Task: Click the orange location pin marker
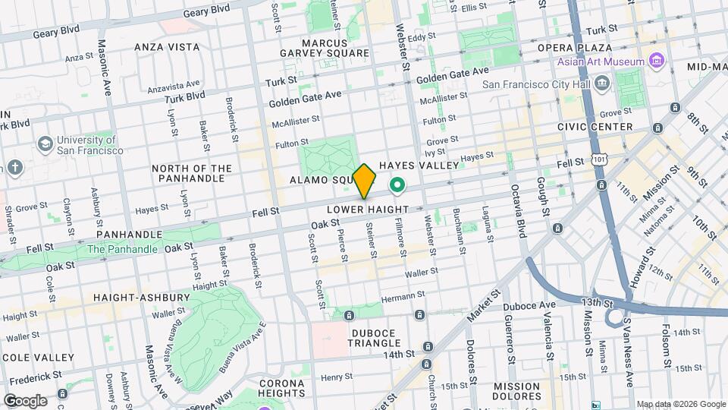coord(365,181)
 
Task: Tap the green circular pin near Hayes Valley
coord(397,184)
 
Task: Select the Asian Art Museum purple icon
coord(657,61)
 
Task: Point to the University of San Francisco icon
coord(45,143)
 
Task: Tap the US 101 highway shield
coord(600,160)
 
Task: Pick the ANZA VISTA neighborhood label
coord(167,47)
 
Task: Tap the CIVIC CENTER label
coord(595,127)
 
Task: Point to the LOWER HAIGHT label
coord(368,209)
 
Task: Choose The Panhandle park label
coord(123,249)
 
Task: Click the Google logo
coord(25,400)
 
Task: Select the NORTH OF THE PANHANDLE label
coord(191,173)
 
